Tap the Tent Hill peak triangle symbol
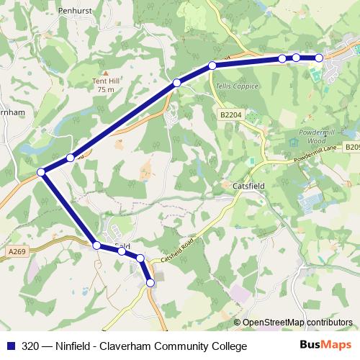click(106, 73)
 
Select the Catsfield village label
click(251, 185)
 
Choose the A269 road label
click(19, 251)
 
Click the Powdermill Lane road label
click(311, 153)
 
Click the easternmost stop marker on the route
click(319, 58)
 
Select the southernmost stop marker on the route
click(150, 283)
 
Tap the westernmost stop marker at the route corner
click(42, 171)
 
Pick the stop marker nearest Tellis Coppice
click(212, 66)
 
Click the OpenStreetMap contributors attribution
click(297, 322)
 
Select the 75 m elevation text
click(106, 90)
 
